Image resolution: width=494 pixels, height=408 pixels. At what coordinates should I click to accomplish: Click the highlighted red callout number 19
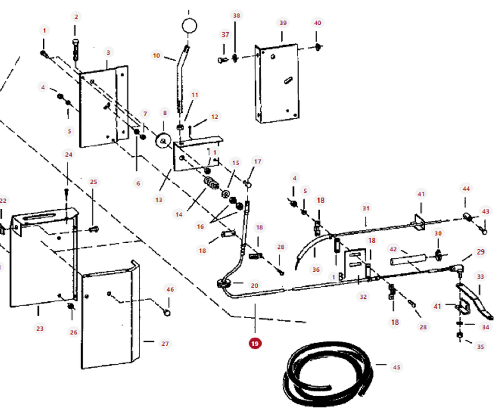tap(255, 343)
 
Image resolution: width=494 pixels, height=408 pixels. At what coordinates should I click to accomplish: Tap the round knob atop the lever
tap(189, 26)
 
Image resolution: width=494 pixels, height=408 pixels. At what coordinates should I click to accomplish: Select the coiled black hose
tap(328, 374)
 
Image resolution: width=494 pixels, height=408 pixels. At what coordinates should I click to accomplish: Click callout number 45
tap(396, 367)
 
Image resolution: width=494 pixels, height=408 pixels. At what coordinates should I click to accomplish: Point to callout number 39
tap(283, 23)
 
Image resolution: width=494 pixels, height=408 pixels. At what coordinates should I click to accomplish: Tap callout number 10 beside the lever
tap(156, 56)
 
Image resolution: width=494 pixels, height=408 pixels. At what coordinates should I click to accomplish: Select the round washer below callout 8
tap(163, 141)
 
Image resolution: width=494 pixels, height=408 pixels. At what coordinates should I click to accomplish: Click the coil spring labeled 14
tap(211, 183)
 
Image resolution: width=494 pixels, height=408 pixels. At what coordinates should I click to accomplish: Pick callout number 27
tap(165, 344)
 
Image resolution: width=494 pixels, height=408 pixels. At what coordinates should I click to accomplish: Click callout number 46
tap(170, 289)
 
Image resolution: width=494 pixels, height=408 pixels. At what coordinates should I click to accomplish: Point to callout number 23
tap(40, 328)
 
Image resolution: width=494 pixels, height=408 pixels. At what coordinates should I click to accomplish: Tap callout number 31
tap(366, 208)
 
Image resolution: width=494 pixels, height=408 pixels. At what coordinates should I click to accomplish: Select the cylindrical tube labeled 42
tap(409, 260)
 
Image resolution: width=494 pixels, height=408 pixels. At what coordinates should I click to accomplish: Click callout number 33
tap(480, 276)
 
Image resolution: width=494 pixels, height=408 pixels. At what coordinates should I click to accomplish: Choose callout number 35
tap(480, 347)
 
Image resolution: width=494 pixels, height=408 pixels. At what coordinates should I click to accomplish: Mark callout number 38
tap(236, 15)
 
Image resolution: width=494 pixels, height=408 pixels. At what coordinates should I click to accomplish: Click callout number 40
tap(317, 23)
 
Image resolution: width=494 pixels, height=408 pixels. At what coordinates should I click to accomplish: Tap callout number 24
tap(68, 155)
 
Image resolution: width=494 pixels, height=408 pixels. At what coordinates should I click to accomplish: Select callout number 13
tap(159, 200)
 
